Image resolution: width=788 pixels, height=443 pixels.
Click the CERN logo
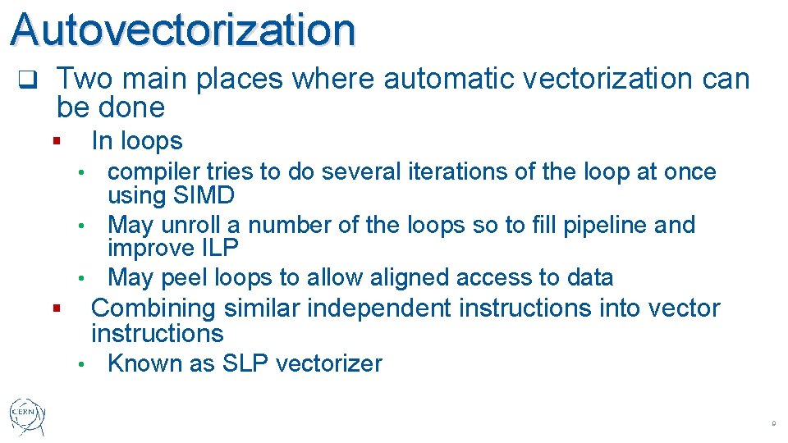click(x=28, y=417)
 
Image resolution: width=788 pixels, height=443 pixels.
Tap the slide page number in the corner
click(x=773, y=424)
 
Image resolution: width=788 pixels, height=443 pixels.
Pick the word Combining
click(x=150, y=308)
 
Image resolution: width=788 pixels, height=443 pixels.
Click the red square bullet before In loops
click(x=56, y=141)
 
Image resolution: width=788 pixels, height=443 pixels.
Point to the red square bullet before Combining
click(x=56, y=309)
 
